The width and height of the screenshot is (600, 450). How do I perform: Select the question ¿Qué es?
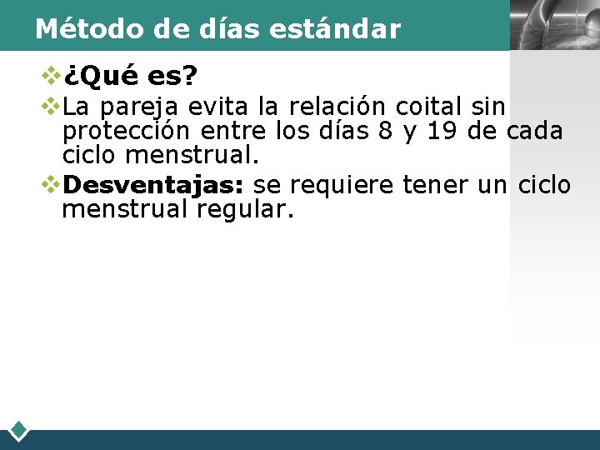(130, 77)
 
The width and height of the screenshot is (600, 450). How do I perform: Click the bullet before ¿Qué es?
(51, 76)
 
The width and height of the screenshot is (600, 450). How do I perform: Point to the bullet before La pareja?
(51, 106)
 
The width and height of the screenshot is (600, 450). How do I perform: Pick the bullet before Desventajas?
(51, 183)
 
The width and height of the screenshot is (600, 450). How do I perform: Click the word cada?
(535, 132)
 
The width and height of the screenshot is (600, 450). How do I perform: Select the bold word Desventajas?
(152, 184)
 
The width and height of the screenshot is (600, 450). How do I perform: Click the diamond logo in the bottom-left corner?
(19, 431)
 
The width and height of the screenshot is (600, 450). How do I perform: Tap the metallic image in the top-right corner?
(554, 25)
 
